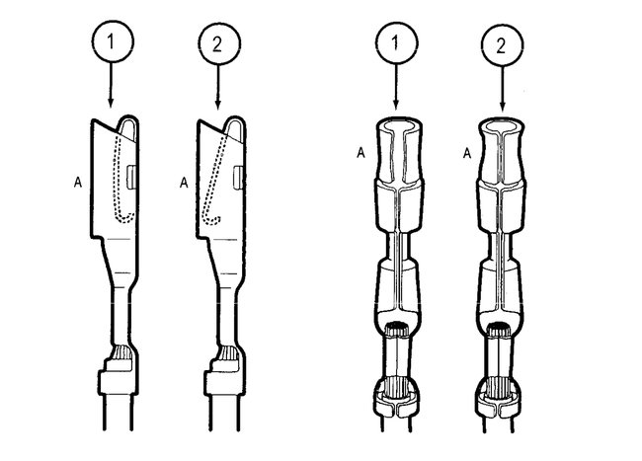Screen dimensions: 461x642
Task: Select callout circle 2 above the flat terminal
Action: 215,42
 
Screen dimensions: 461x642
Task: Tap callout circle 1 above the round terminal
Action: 396,42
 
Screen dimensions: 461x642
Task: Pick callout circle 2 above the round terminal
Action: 502,42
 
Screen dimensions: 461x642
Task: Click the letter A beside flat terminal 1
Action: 76,182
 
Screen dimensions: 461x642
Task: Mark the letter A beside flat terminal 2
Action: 183,182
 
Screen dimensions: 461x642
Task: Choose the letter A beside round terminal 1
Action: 361,152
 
